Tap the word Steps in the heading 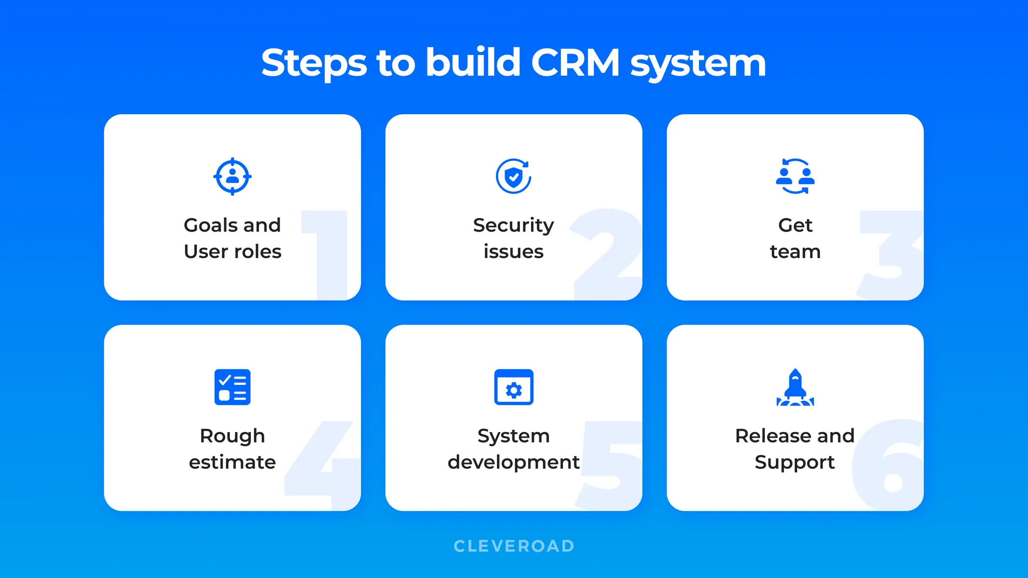click(314, 64)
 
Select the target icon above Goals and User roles click(232, 176)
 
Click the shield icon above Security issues click(513, 176)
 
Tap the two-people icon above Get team click(795, 176)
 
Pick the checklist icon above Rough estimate click(232, 387)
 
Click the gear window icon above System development click(513, 387)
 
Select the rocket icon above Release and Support click(795, 387)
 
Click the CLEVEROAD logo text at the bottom click(514, 546)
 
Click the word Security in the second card click(513, 225)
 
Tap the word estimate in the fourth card click(232, 462)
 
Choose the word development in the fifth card click(513, 462)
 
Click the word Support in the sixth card click(794, 462)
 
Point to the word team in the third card click(795, 251)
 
